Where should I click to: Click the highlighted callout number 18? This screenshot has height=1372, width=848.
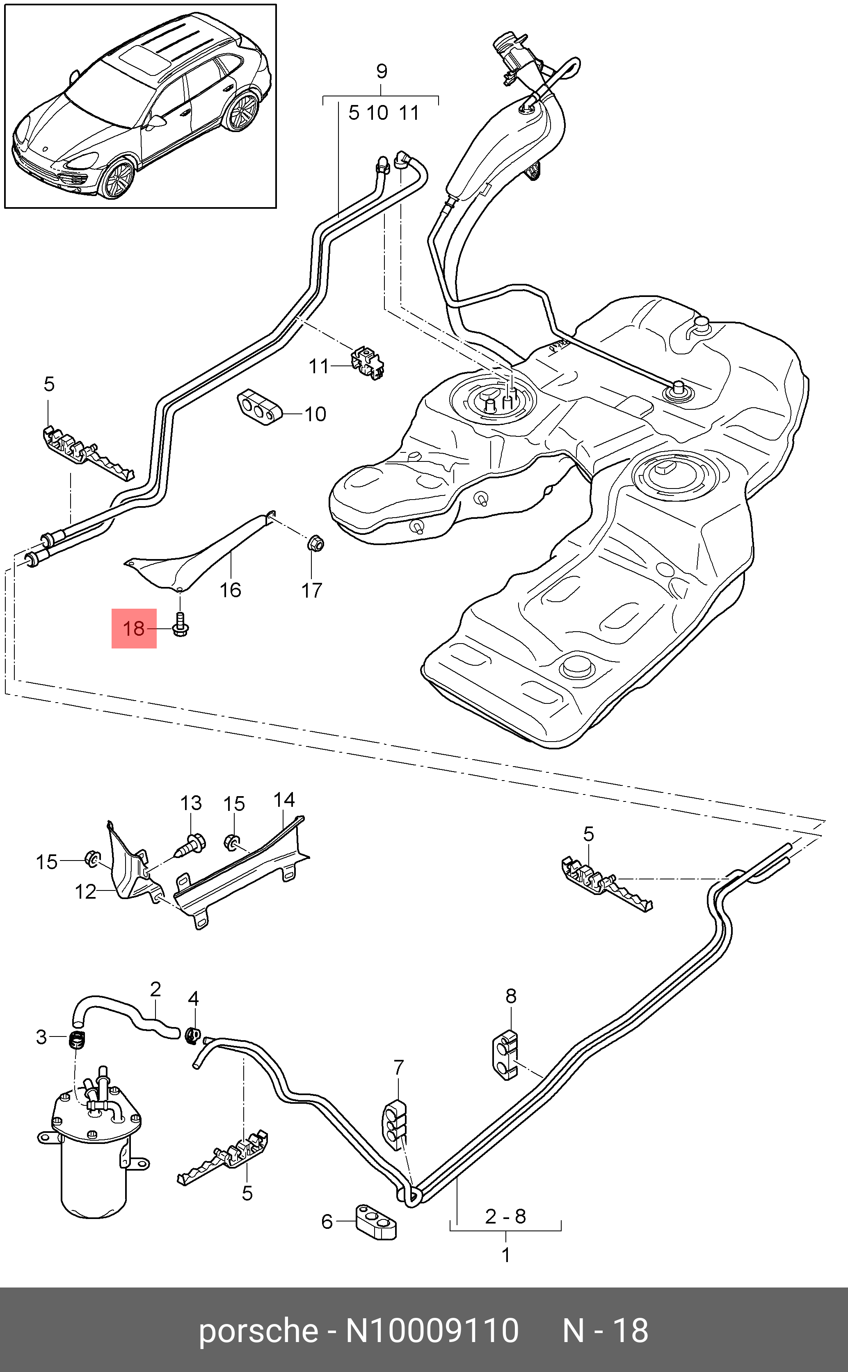pos(133,628)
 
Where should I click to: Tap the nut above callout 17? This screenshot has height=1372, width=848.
pos(316,543)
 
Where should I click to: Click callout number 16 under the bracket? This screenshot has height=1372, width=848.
pos(230,590)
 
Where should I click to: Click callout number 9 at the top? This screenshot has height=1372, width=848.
pos(382,71)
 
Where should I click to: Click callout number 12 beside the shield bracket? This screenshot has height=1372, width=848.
pos(85,891)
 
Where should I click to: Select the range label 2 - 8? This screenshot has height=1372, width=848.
pos(505,1216)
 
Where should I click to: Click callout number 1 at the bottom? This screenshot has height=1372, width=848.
pos(506,1255)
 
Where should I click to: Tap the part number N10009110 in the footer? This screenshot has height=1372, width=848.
pos(432,1331)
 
